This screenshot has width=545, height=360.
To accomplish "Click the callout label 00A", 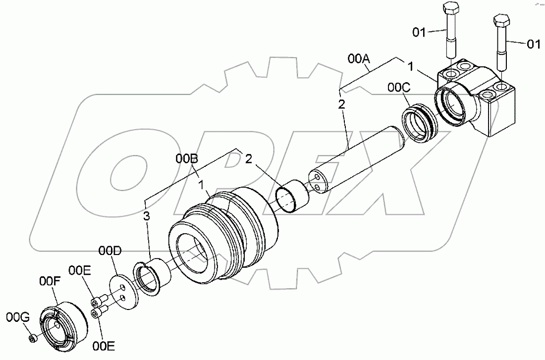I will coord(359,59).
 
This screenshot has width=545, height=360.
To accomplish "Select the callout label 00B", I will coord(187,159).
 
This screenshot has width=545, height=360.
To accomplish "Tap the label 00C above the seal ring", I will coord(399,88).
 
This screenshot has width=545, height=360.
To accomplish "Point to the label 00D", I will coord(109,252).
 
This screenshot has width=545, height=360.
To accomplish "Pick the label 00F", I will coord(50,282).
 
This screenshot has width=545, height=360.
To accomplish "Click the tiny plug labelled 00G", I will coord(32,339).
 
